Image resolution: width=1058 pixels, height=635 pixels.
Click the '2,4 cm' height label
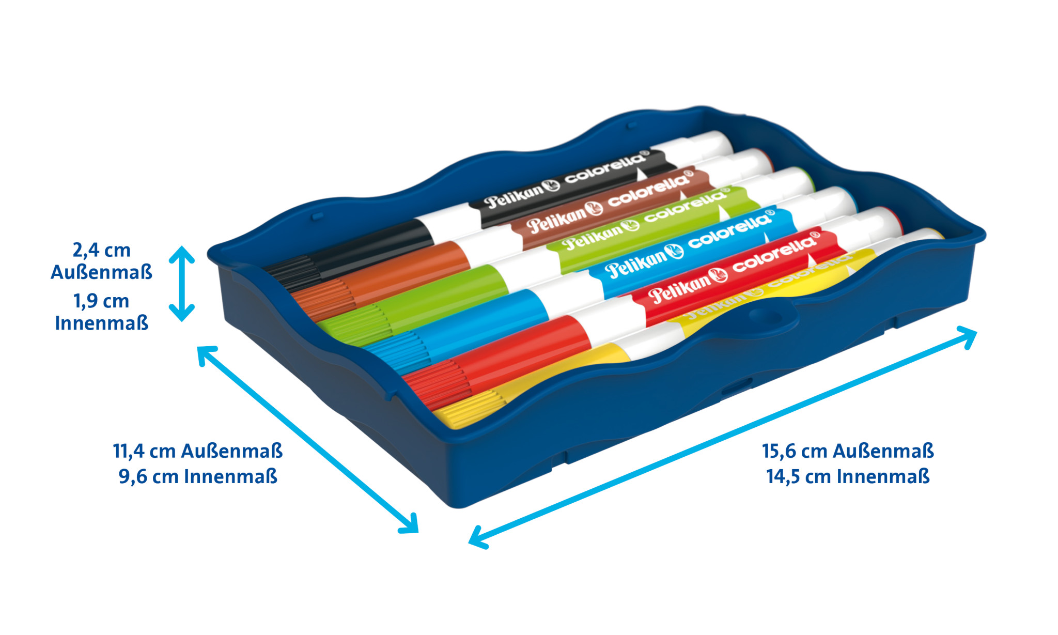[x=101, y=250]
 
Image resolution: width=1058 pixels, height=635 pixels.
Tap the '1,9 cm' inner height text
[x=101, y=301]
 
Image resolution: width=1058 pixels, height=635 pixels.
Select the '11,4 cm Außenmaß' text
[x=198, y=451]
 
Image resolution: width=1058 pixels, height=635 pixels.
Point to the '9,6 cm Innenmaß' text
[x=198, y=476]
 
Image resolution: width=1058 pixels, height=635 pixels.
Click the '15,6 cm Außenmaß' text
[x=848, y=451]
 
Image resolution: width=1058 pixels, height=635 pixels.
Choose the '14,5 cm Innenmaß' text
[x=848, y=476]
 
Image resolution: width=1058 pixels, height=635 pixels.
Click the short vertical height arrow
[x=182, y=284]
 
